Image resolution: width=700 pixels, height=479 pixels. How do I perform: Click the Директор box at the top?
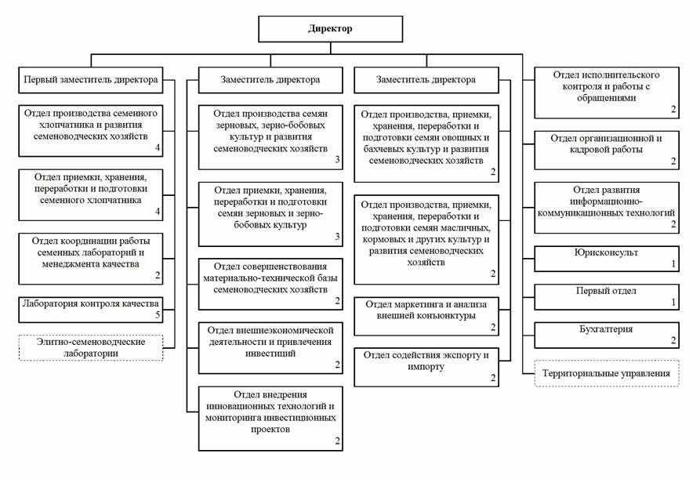click(x=330, y=29)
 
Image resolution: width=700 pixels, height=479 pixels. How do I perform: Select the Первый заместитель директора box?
click(x=91, y=80)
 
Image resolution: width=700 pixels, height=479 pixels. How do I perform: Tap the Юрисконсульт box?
click(x=605, y=258)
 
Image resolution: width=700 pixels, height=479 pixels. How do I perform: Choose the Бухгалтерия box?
click(x=605, y=335)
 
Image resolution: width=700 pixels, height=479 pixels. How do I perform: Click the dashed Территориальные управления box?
click(x=606, y=373)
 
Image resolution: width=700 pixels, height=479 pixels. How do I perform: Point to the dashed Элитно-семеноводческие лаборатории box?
click(x=91, y=347)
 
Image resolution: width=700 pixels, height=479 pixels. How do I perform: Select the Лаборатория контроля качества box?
click(x=91, y=309)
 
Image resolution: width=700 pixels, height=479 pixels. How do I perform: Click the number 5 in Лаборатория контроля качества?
click(x=157, y=315)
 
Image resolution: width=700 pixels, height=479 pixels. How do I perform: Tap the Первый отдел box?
click(x=605, y=296)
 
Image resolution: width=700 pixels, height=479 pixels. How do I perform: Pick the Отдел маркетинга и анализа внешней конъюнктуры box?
click(x=426, y=316)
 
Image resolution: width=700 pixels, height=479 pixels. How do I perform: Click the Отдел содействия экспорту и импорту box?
click(x=426, y=366)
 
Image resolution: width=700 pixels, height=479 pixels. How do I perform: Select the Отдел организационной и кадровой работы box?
click(x=605, y=150)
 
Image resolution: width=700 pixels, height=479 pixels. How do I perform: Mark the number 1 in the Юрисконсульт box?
click(x=673, y=264)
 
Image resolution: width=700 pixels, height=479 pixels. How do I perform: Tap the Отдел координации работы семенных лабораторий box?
click(x=91, y=257)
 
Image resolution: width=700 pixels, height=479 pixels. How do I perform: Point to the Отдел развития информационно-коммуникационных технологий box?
click(x=605, y=207)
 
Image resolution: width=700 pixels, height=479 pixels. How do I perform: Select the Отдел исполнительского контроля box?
click(x=605, y=92)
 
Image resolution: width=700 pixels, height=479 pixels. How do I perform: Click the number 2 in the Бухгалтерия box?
click(x=673, y=340)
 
